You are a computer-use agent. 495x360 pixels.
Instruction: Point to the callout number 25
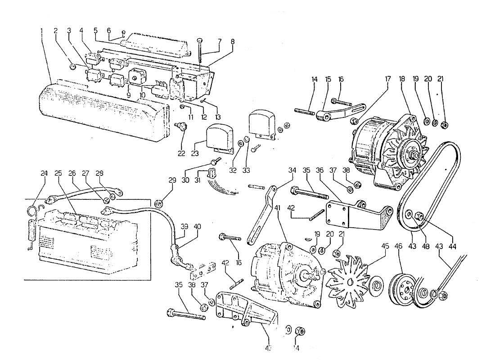58,173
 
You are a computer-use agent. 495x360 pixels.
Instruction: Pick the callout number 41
278,208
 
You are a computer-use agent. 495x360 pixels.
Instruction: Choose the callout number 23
194,153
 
